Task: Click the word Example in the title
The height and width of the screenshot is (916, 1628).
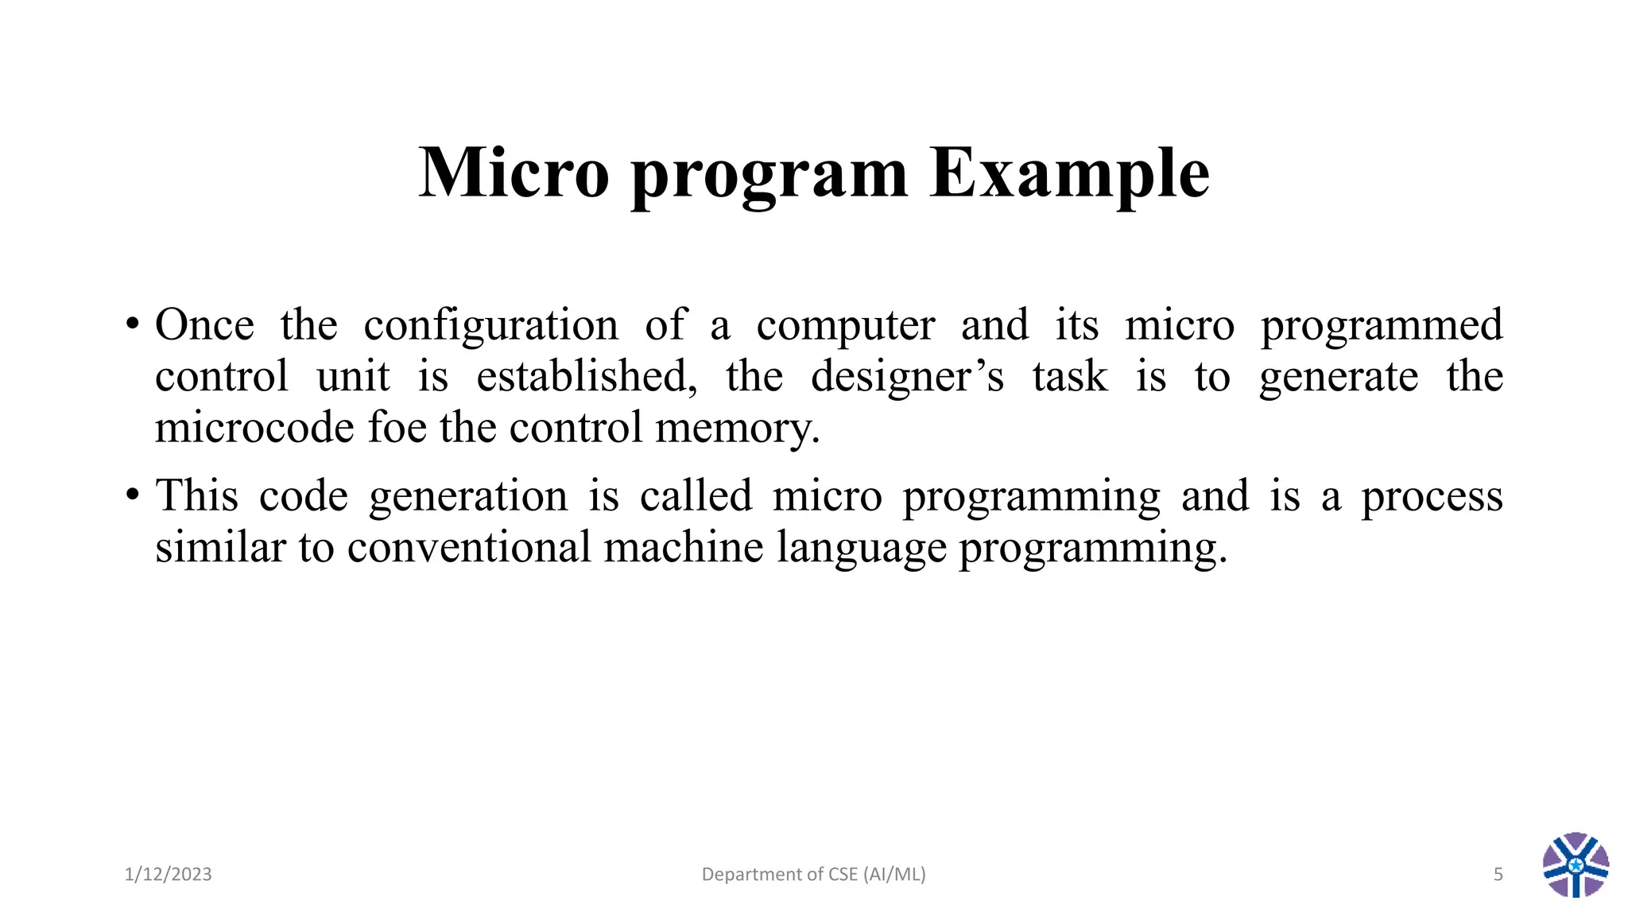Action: [1069, 173]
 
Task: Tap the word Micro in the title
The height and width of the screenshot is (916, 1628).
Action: [514, 173]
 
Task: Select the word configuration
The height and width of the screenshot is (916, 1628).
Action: [490, 325]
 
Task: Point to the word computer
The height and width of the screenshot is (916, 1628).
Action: [845, 325]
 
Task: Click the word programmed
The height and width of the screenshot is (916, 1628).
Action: [1382, 326]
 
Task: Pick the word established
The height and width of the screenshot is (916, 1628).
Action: [587, 376]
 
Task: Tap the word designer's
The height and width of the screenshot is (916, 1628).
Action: [907, 376]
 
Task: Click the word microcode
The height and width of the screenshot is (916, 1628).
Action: [254, 428]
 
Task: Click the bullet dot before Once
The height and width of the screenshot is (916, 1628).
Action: [133, 325]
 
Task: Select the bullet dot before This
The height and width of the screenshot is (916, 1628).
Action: [133, 496]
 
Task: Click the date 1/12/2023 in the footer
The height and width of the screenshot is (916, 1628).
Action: [169, 875]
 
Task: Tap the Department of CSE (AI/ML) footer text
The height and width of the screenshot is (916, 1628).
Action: [813, 875]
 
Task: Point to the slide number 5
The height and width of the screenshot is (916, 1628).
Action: [1498, 875]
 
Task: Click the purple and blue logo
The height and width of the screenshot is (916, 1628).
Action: [1576, 865]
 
